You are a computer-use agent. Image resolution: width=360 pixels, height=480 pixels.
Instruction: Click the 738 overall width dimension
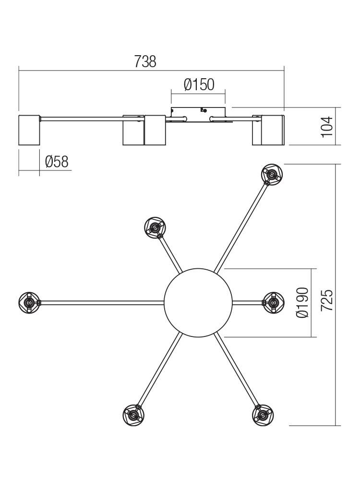[145, 61]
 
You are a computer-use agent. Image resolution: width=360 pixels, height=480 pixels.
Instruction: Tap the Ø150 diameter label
[199, 85]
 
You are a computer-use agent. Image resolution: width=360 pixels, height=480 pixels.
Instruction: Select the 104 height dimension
[327, 127]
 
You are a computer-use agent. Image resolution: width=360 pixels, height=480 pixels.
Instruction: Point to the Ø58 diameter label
[57, 162]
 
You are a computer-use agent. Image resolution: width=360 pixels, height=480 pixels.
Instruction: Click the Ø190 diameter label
[302, 302]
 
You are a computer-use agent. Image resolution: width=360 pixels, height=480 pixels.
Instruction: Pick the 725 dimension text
[326, 300]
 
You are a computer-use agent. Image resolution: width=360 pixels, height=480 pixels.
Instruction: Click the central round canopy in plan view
[198, 303]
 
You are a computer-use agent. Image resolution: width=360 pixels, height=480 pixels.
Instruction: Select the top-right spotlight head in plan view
[272, 174]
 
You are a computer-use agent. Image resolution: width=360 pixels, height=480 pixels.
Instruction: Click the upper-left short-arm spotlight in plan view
[155, 228]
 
